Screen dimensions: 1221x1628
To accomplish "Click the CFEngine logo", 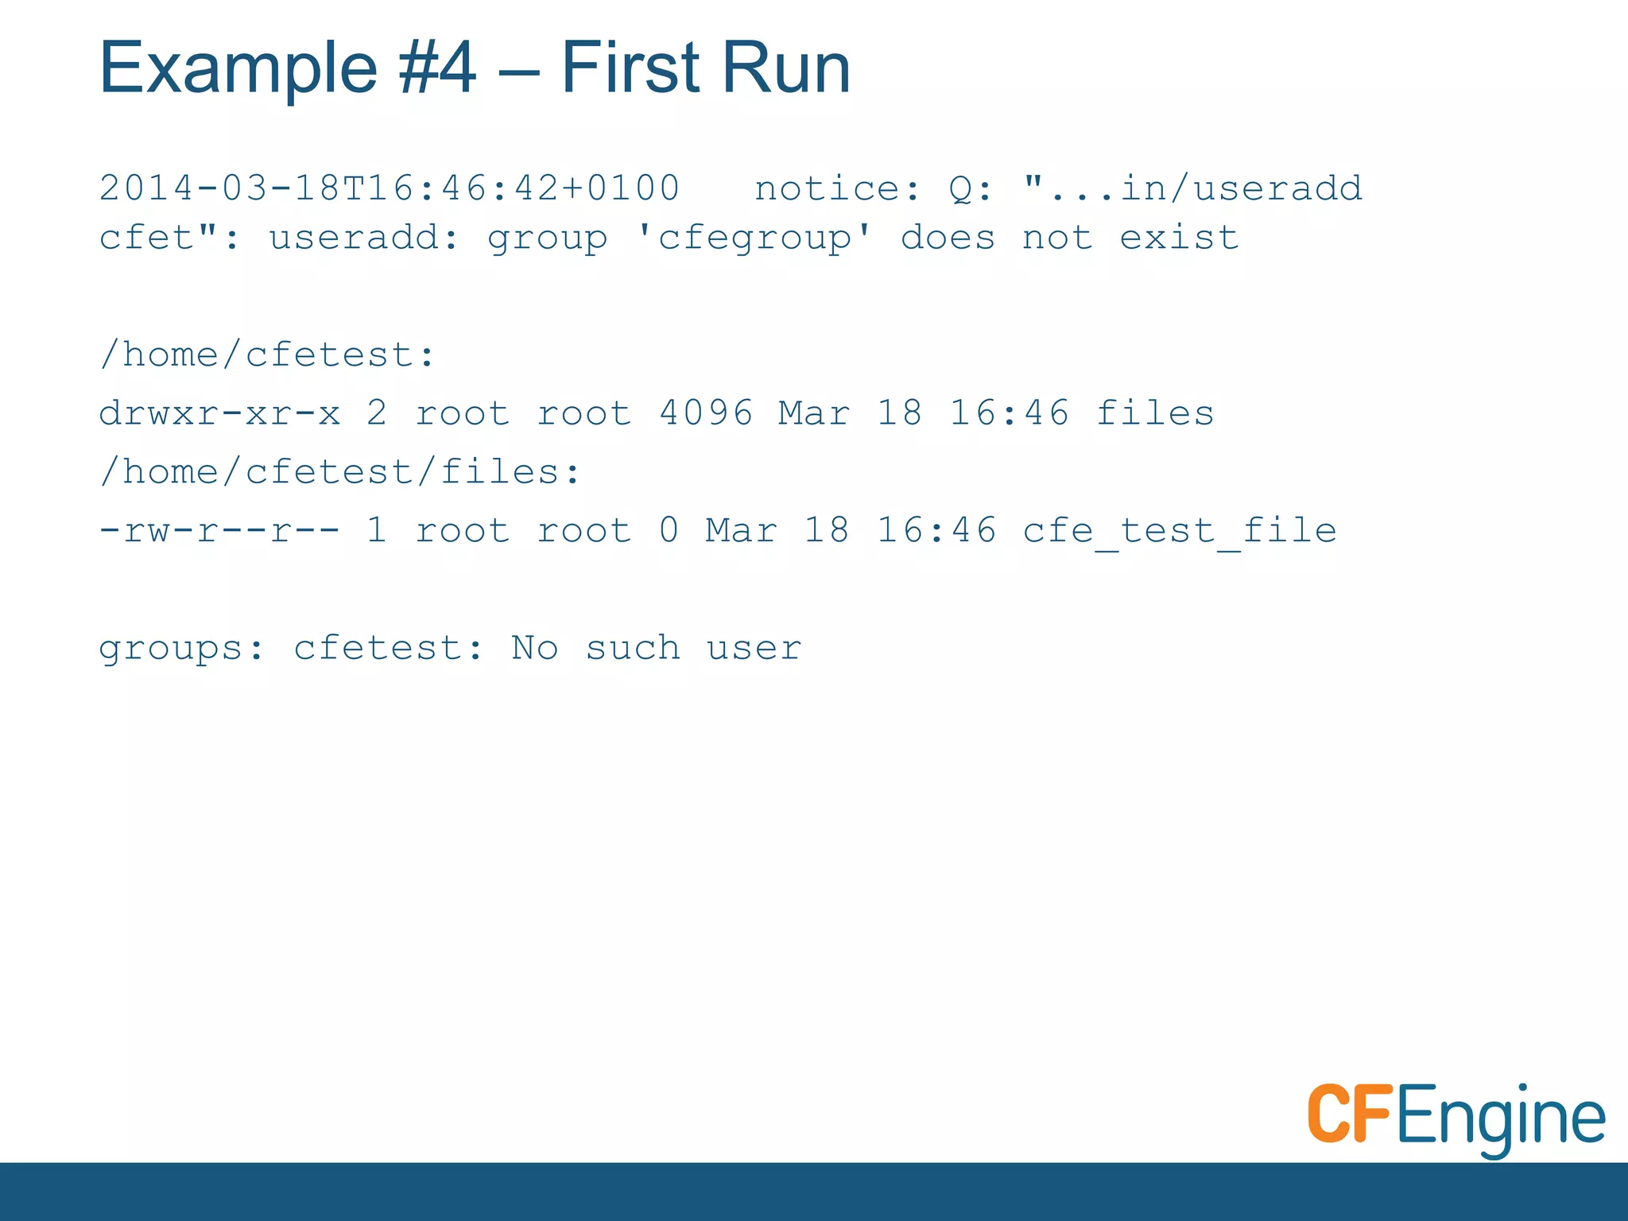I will click(1456, 1117).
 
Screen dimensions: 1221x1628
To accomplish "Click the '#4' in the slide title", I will click(437, 68).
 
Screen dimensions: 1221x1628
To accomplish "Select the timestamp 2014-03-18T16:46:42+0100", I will click(390, 189).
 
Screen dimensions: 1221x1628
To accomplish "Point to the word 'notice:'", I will click(837, 189).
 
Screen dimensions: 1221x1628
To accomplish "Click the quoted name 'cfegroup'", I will click(754, 238).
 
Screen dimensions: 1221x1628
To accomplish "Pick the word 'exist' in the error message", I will click(1179, 238).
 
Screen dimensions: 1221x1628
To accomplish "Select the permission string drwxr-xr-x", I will click(219, 413).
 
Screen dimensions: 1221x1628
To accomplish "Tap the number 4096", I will click(706, 413).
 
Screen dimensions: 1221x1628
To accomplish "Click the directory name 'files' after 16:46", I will click(1155, 413).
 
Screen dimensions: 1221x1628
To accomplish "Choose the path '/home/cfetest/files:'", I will click(340, 472).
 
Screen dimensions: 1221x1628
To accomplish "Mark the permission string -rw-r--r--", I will click(219, 530).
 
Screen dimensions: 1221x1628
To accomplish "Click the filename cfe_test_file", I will click(1180, 530).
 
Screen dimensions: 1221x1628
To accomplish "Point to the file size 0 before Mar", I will click(669, 530).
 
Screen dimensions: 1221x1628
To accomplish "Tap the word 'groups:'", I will click(181, 649).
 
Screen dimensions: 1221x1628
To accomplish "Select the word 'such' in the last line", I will click(633, 649).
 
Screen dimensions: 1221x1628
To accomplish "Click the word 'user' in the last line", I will click(754, 649).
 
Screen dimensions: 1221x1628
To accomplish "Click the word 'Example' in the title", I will click(238, 68).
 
